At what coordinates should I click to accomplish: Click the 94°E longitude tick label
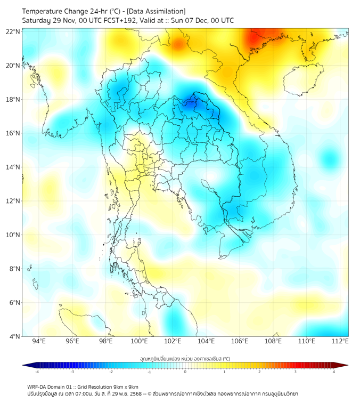tap(39, 342)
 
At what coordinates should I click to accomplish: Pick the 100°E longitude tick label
tap(140, 342)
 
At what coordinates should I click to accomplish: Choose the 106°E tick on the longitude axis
tap(240, 342)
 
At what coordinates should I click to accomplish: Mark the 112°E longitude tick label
tap(340, 342)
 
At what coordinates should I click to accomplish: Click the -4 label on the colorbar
tap(37, 372)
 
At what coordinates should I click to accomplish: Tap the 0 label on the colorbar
tap(185, 372)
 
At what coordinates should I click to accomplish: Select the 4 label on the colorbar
tap(334, 372)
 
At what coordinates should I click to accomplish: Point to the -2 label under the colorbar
tap(111, 372)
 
